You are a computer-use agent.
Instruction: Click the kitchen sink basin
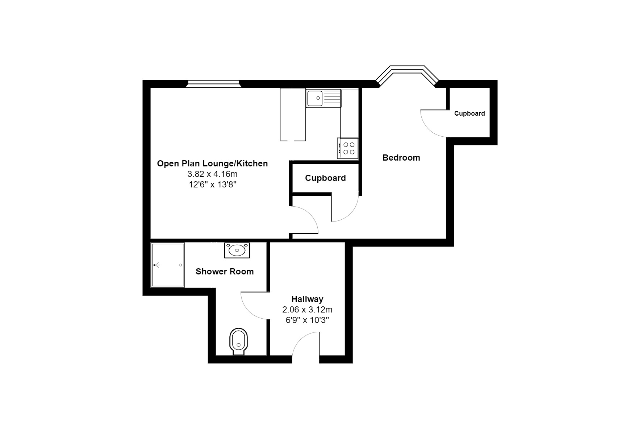point(315,98)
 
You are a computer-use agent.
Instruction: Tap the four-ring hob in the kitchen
point(348,148)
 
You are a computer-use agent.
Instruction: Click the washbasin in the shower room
point(237,250)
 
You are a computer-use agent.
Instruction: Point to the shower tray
point(168,265)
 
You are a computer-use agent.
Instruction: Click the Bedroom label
point(401,158)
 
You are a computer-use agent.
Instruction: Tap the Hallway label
point(307,299)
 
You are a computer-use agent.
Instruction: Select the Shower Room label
point(225,272)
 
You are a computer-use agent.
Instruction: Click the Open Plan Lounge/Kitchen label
point(212,163)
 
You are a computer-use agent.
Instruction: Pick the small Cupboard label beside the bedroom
point(470,113)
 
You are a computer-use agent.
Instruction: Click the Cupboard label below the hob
point(325,178)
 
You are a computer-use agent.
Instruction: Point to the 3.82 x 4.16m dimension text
point(212,174)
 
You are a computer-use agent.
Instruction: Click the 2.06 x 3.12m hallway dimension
point(307,310)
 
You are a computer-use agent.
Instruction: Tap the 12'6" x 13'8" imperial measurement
point(212,185)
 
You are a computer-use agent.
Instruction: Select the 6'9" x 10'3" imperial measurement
point(307,320)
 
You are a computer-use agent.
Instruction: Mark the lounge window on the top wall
point(213,84)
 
